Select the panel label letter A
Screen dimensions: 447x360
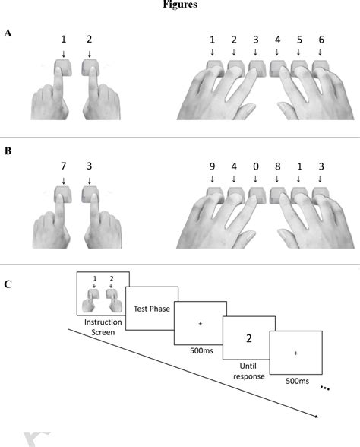tap(8, 33)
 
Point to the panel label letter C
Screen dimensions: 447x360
tap(8, 284)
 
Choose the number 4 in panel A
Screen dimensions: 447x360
tap(277, 40)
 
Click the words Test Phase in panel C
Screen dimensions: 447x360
tap(151, 308)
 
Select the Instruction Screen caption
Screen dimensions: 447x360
tap(103, 328)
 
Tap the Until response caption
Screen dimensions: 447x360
tap(248, 369)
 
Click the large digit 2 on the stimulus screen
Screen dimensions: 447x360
tap(248, 338)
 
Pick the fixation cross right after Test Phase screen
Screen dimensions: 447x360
tap(201, 324)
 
